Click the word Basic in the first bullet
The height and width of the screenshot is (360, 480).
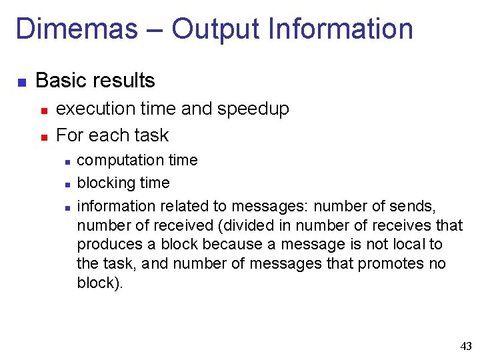coord(61,81)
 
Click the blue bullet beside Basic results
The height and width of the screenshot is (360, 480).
coord(21,83)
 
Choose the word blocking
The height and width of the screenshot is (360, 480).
coord(103,183)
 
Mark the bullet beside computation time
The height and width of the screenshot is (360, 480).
coord(67,162)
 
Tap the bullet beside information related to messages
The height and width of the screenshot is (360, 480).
coord(67,207)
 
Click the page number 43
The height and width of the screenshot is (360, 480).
coord(466,346)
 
